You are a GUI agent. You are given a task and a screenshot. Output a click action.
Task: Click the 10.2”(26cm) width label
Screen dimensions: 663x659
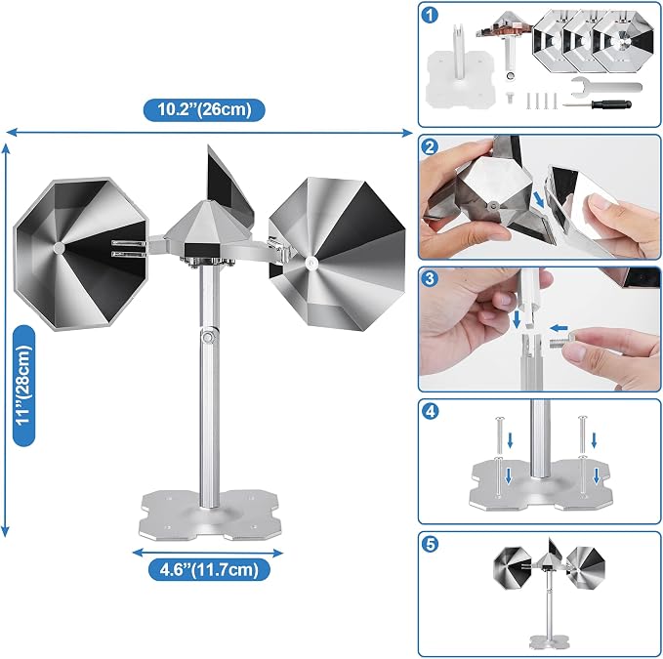[204, 110]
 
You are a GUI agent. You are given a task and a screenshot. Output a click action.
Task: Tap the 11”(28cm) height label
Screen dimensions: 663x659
[23, 385]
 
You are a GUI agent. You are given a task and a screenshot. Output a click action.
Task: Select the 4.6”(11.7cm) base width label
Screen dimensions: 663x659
[209, 569]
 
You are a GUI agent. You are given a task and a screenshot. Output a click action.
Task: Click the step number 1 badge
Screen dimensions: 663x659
[430, 16]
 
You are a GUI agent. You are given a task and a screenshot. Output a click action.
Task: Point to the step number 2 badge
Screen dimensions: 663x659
[430, 147]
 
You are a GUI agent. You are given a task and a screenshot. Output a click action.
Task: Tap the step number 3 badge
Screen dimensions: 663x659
[430, 279]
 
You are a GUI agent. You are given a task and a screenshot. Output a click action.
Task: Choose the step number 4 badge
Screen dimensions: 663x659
[430, 411]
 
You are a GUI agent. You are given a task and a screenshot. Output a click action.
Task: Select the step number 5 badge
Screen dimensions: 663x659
[430, 544]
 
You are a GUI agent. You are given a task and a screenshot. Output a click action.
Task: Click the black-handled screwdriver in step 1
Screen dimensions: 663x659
[597, 104]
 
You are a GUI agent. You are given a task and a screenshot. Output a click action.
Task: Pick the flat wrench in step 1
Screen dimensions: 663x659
[606, 87]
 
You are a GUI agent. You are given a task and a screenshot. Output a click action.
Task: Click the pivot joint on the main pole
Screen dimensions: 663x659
[208, 338]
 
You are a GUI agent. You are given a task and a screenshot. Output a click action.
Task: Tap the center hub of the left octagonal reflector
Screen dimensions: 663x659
[59, 248]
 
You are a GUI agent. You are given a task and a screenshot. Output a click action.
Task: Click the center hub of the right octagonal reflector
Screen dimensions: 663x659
[311, 263]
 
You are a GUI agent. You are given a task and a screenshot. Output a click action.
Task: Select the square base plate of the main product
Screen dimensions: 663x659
[210, 515]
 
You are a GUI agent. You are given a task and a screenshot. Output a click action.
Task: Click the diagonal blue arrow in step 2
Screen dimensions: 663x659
[538, 199]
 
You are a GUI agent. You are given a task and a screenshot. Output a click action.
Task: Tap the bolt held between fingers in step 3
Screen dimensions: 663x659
[561, 341]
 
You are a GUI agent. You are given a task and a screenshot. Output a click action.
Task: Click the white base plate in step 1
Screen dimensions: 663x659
[461, 79]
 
